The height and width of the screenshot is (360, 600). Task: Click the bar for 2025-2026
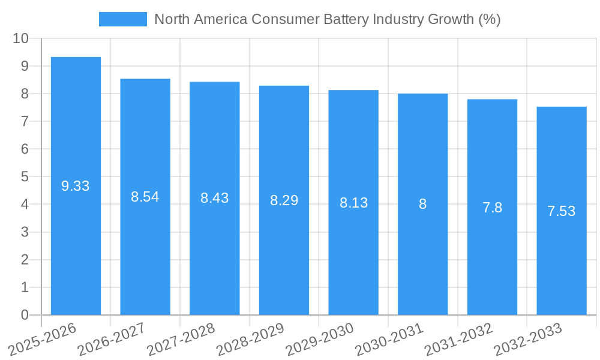pos(76,186)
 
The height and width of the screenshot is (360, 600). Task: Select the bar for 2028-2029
pos(284,200)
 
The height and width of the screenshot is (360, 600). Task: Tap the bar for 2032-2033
pos(562,211)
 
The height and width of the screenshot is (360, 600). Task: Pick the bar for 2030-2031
pos(422,204)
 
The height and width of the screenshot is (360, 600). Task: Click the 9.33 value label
pos(76,186)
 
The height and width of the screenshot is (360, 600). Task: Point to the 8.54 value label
pos(145,197)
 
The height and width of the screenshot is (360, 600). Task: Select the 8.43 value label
pos(215,198)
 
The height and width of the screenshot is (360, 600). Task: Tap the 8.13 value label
pos(353,203)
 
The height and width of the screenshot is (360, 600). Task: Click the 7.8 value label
pos(492,208)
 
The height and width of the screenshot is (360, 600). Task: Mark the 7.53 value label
pos(562,211)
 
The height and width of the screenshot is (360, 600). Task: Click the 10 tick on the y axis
pos(20,38)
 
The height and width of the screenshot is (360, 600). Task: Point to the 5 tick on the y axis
pos(25,177)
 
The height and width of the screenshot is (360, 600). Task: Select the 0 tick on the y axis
pos(25,315)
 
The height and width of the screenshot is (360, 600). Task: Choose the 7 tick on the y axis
pos(25,121)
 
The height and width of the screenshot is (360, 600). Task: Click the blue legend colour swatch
pos(123,19)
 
